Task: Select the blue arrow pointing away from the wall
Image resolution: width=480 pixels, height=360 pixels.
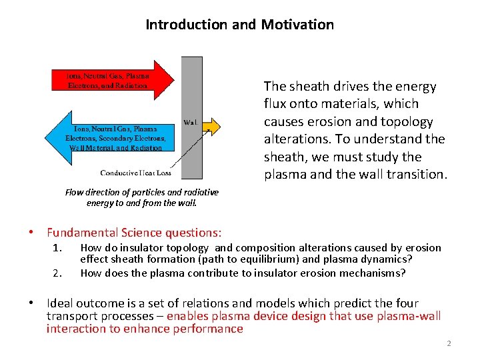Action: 110,138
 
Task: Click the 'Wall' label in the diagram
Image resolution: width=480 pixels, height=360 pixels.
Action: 189,122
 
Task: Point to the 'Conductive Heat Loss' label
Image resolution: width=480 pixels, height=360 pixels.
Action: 136,173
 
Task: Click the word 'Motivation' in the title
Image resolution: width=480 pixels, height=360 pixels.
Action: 297,25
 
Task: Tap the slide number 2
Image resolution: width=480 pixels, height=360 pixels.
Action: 449,343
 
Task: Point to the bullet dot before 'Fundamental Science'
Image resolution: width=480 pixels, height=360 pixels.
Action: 31,232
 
